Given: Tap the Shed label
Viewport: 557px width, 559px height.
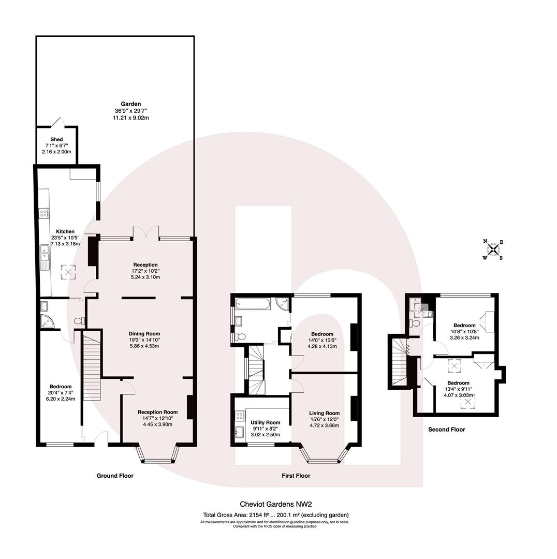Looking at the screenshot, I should coord(56,140).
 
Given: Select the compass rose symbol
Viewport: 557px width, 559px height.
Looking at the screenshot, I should coord(494,249).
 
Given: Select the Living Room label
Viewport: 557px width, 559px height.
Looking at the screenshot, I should coord(324,413).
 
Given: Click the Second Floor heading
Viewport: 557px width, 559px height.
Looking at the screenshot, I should coord(447,429).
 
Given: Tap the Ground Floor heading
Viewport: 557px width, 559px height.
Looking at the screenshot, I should coord(115,475).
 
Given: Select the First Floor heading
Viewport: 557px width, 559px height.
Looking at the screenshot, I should coord(296,475).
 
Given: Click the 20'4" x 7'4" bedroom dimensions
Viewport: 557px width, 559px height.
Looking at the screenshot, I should coord(61,393).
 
